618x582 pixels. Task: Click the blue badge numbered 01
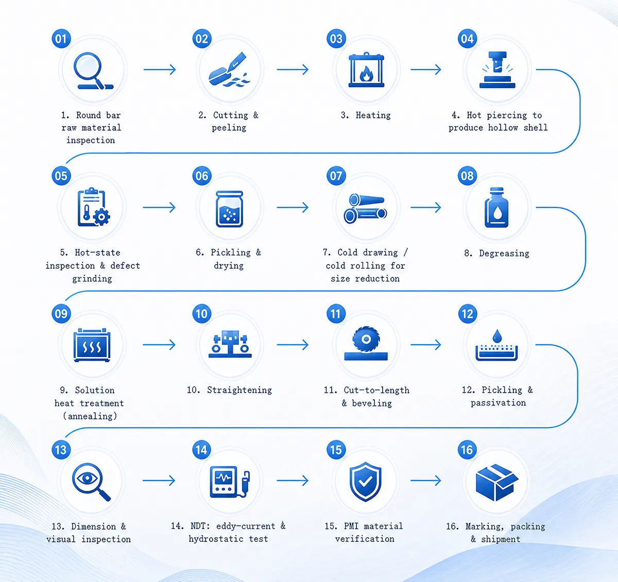61,39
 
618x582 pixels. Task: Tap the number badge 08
467,176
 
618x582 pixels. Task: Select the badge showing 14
202,450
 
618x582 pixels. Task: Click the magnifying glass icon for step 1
93,71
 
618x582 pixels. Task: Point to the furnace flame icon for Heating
366,70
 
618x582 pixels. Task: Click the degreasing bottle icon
496,207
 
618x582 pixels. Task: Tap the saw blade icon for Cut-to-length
366,343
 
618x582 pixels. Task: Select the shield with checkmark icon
366,482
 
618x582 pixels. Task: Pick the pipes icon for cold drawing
365,208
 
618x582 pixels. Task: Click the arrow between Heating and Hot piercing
426,69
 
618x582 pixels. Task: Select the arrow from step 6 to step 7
293,207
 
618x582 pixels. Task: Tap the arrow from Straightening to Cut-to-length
293,345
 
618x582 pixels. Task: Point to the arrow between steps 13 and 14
159,481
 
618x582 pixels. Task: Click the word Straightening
239,390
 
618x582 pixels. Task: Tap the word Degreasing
504,254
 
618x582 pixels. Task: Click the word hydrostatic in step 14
216,539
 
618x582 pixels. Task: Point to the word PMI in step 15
351,526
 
